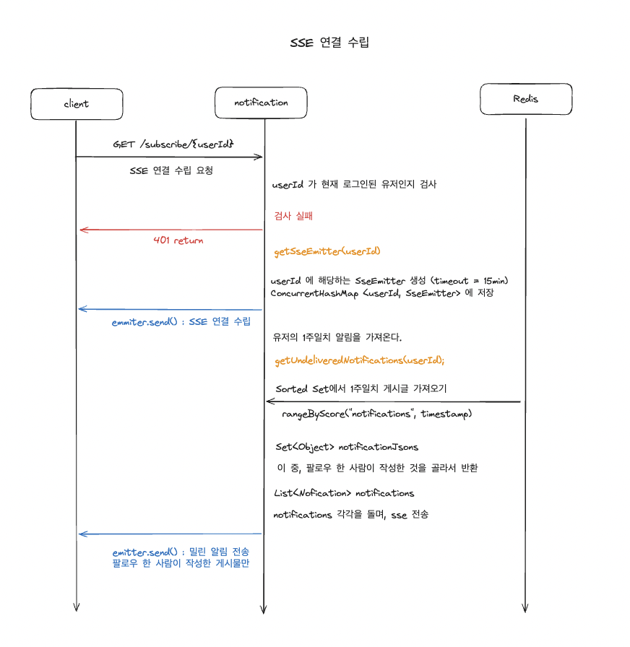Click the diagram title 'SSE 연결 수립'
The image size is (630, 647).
pyautogui.click(x=329, y=43)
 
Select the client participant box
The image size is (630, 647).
pyautogui.click(x=76, y=104)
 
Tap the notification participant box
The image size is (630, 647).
pyautogui.click(x=261, y=103)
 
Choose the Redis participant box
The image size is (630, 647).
pyautogui.click(x=526, y=99)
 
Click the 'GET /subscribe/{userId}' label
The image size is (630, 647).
pyautogui.click(x=173, y=144)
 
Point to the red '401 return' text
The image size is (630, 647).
pyautogui.click(x=178, y=240)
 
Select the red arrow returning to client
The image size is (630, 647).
pyautogui.click(x=171, y=230)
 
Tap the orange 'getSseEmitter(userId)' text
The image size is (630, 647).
pyautogui.click(x=327, y=252)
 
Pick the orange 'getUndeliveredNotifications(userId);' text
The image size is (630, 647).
pyautogui.click(x=360, y=360)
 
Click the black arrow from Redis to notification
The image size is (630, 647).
pyautogui.click(x=394, y=401)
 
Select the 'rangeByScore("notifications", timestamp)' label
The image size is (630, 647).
pyautogui.click(x=376, y=414)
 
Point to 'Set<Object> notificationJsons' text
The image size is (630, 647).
pyautogui.click(x=347, y=447)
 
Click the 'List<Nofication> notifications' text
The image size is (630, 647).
pyautogui.click(x=344, y=493)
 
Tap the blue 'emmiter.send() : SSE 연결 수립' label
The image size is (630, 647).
pyautogui.click(x=186, y=321)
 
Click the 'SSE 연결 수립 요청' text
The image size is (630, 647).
pyautogui.click(x=171, y=171)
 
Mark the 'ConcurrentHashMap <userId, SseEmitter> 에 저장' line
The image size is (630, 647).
pyautogui.click(x=382, y=293)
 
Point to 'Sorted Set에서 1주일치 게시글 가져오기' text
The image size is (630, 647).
pyautogui.click(x=361, y=388)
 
